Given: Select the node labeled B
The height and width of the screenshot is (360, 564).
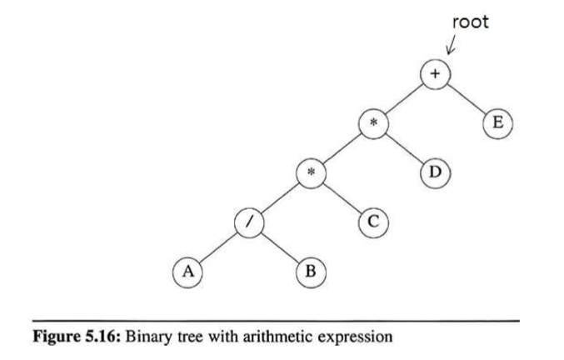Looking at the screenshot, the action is pos(310,271).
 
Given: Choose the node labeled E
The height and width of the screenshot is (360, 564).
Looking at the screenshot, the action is pos(497,123).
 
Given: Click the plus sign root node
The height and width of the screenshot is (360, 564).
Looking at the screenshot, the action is pos(434,75).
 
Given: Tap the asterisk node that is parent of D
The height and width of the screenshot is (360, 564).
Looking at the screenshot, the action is pos(372,123).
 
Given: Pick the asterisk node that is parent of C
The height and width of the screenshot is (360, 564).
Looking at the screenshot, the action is pos(310,172).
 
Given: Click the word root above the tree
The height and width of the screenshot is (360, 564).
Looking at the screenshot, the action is pos(471,22).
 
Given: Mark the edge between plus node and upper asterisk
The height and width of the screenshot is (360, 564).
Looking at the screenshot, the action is pos(403,99).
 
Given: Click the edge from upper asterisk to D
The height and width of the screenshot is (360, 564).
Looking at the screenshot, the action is pos(403,148).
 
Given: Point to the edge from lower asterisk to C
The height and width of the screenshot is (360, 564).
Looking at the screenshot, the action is pos(341,197).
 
